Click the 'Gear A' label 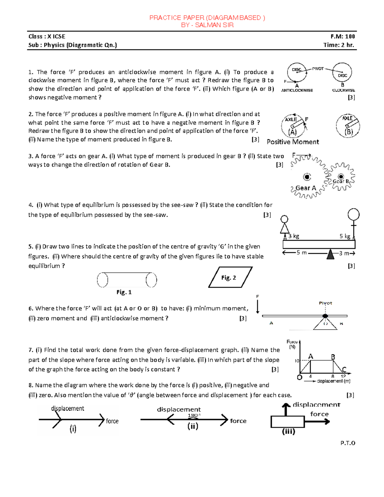coord(306,188)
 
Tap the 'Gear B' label coord(341,181)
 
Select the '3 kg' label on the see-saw coord(293,236)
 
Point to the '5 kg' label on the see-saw coord(345,236)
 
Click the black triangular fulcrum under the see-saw coord(330,255)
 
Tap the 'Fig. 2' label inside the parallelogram coord(228,278)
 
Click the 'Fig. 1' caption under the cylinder coord(124,292)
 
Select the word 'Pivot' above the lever coord(325,303)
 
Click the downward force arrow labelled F coord(258,307)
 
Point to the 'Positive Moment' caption coord(293,142)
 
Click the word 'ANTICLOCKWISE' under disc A coord(297,91)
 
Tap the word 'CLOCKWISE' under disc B coord(343,91)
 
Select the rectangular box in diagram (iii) coord(287,421)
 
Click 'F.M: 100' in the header coord(343,36)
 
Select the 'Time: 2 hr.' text coord(339,45)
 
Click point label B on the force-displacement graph coord(333,357)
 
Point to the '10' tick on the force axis coord(297,361)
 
